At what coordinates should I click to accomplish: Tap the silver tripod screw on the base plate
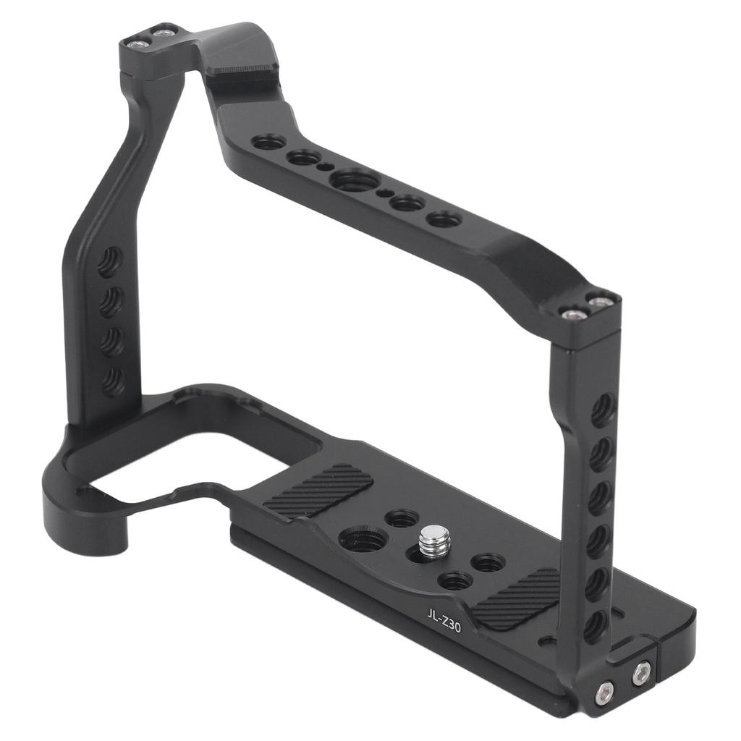pos(433,539)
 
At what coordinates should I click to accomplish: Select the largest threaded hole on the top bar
pos(354,179)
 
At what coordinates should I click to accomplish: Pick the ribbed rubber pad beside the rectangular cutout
pos(318,491)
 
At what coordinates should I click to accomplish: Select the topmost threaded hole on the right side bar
pos(602,410)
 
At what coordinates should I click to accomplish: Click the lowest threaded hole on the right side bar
pos(595,624)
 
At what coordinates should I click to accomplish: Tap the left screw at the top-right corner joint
pos(572,313)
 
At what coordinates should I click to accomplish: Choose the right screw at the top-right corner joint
pos(600,301)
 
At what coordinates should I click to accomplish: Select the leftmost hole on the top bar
pos(269,142)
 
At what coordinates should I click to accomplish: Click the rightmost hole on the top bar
pos(444,218)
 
